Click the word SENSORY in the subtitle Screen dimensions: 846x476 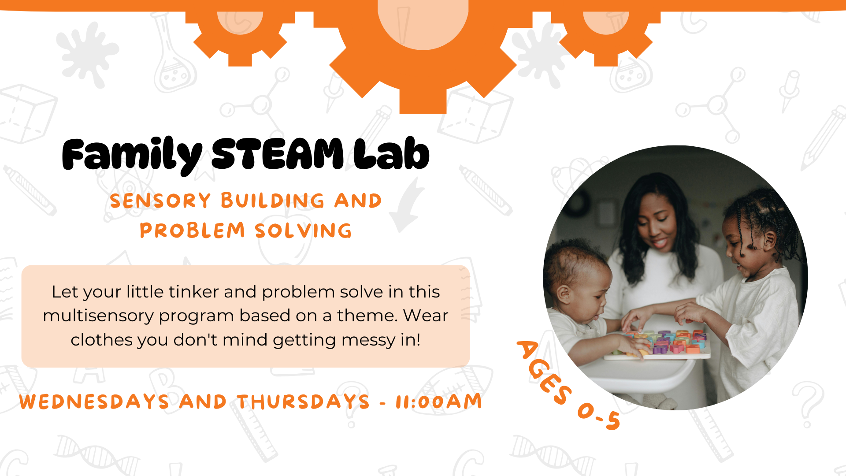(160, 201)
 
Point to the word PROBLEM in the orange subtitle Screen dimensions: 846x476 (192, 231)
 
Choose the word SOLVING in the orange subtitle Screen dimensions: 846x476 (303, 231)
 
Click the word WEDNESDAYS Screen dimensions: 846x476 (94, 402)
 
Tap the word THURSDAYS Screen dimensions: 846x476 (303, 402)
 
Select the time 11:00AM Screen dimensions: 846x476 (439, 402)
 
